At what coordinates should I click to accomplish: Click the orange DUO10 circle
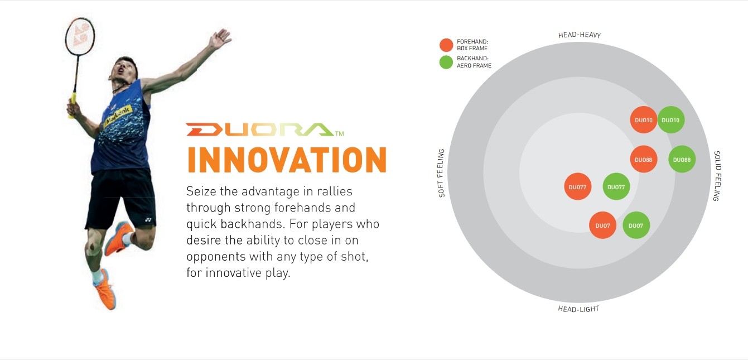pos(644,119)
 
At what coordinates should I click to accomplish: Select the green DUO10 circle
pos(671,119)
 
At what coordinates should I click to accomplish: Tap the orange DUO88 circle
pos(644,159)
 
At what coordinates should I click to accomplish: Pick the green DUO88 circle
pos(682,159)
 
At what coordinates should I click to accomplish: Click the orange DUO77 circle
pos(578,186)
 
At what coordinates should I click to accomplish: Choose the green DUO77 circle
pos(616,186)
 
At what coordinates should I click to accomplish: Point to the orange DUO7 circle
pos(602,225)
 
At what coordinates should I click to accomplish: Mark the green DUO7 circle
pos(636,225)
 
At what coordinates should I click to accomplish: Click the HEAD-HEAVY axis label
pos(580,35)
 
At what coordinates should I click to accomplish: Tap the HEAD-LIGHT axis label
pos(578,309)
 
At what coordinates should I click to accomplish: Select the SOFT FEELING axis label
pos(441,173)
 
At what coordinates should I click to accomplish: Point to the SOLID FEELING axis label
pos(717,176)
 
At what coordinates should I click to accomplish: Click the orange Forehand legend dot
pos(446,45)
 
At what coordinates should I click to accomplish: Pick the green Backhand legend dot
pos(446,62)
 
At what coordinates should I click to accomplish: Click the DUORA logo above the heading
pos(265,129)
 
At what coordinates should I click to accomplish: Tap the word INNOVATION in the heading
pos(287,160)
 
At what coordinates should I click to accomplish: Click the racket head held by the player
pos(80,36)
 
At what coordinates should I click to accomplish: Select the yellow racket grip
pos(72,105)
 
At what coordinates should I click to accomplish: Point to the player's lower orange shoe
pos(105,289)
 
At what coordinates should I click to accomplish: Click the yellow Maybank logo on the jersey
pos(118,114)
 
